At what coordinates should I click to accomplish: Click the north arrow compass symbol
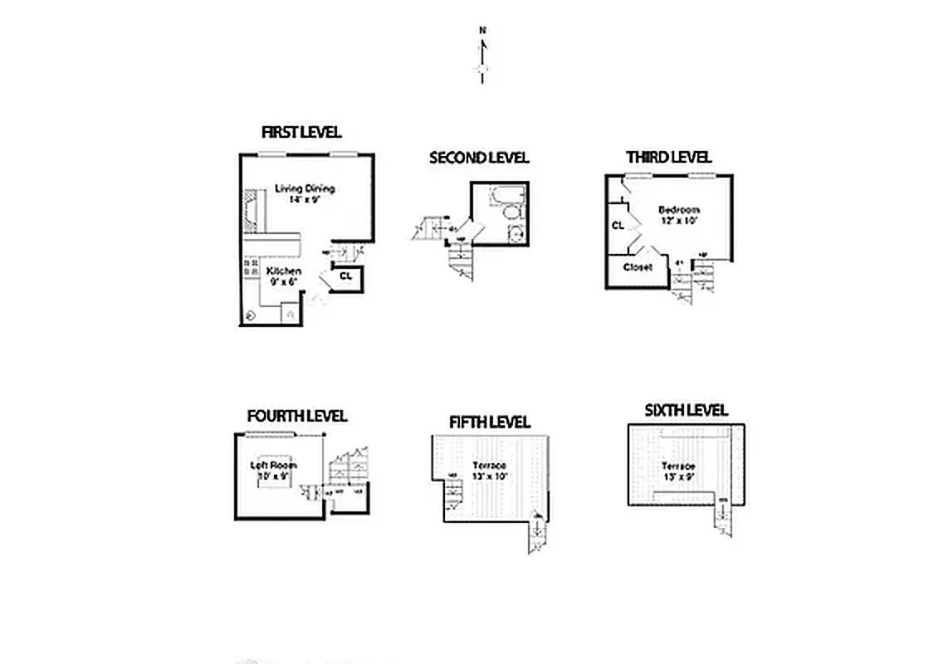click(482, 56)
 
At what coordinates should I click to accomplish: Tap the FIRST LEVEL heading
click(301, 133)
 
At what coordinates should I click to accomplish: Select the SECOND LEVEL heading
click(479, 158)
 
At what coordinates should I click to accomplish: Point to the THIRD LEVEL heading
click(668, 157)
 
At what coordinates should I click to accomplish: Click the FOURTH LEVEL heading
click(296, 416)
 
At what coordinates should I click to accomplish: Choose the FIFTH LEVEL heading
click(489, 422)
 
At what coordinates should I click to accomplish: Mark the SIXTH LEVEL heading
click(686, 410)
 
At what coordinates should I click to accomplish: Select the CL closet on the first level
click(346, 276)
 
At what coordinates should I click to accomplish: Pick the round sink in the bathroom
click(514, 234)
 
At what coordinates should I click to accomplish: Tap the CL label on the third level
click(618, 225)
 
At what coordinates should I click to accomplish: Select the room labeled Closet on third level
click(638, 267)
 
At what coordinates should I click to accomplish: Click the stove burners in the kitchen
click(250, 267)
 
